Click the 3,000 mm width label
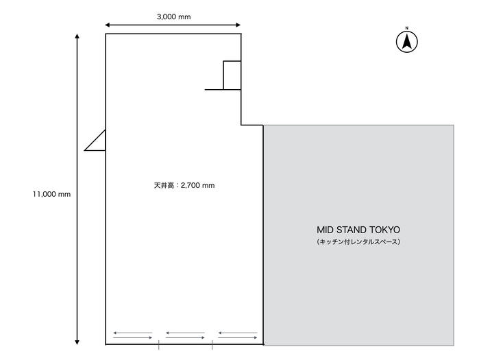pos(173,17)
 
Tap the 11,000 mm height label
pos(51,194)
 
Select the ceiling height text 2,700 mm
pos(197,185)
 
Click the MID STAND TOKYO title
pos(358,230)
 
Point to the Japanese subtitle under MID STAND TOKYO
pos(358,242)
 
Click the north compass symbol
pos(406,42)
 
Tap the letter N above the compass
pos(406,28)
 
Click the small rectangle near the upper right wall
pos(232,75)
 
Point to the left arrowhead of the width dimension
pos(107,25)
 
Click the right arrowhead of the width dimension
pos(238,25)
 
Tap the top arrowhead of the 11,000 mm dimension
pos(77,36)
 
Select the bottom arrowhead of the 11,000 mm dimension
pos(77,342)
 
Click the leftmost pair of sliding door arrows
pos(132,335)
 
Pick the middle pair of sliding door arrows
pos(185,335)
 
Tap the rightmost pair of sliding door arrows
pos(238,335)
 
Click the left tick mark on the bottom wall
pos(158,345)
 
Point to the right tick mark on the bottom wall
pos(212,345)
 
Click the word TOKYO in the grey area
pos(384,230)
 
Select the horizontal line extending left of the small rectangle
pos(214,90)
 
